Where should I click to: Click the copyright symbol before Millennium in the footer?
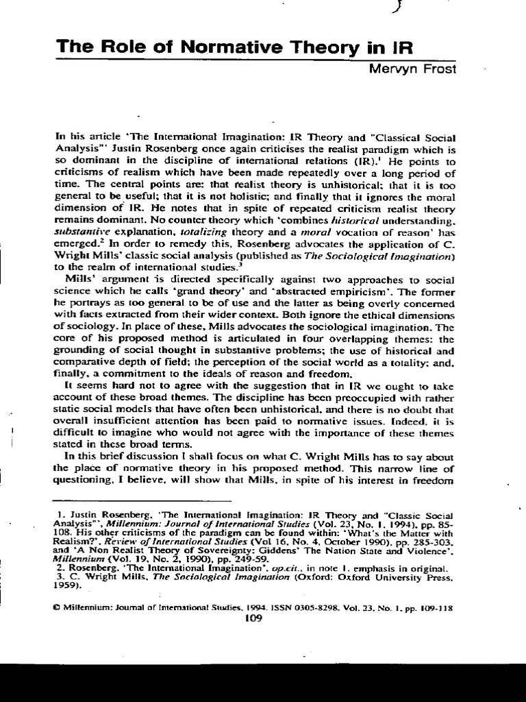tap(58, 607)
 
